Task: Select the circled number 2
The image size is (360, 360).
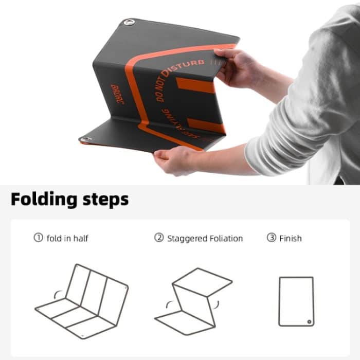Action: click(x=159, y=238)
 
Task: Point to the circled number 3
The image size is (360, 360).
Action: click(x=271, y=238)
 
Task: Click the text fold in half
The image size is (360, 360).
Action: click(x=67, y=238)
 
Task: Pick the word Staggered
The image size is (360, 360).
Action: click(x=187, y=239)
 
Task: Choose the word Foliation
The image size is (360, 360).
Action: click(x=226, y=239)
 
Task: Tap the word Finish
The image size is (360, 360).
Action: click(x=291, y=238)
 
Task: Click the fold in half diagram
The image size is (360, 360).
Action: click(x=81, y=301)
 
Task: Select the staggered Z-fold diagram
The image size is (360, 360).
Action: click(x=193, y=298)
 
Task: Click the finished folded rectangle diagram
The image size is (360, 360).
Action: click(x=296, y=301)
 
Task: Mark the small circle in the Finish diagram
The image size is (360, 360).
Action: click(x=309, y=321)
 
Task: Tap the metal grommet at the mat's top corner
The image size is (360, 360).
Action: click(x=129, y=22)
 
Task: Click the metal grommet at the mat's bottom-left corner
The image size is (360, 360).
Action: click(x=85, y=139)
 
